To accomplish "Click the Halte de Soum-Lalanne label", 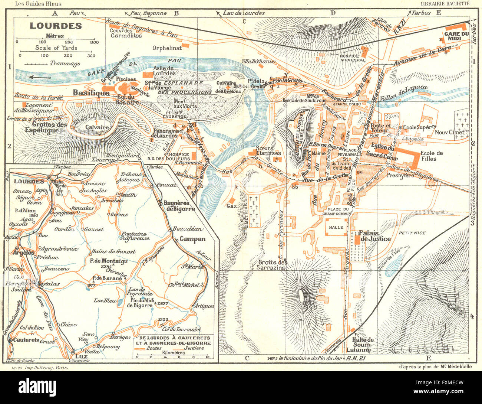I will click(x=359, y=344).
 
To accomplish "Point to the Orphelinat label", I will click(x=167, y=48).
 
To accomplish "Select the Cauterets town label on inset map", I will click(x=27, y=340).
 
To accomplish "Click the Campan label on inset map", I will click(x=192, y=239).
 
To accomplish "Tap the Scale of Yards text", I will click(x=56, y=48).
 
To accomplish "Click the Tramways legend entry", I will click(x=65, y=63).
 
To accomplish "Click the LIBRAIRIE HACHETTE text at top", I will click(x=445, y=4).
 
